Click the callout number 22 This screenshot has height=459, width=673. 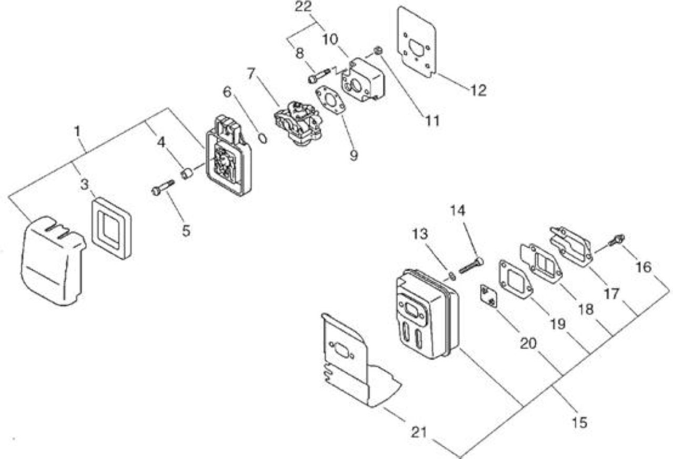[x=303, y=7]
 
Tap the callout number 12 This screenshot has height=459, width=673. [x=478, y=90]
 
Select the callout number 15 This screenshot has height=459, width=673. [x=579, y=423]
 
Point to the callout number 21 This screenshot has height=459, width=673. [x=419, y=433]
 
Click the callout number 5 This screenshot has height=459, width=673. [x=186, y=231]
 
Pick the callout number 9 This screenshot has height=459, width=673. [x=354, y=155]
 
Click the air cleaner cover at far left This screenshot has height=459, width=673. [x=53, y=260]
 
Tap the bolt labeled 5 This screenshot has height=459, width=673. [x=163, y=188]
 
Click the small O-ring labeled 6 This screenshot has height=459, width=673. [x=262, y=139]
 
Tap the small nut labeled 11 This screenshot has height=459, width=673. [x=378, y=51]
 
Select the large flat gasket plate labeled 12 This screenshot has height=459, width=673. [x=417, y=42]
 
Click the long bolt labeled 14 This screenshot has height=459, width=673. [x=471, y=266]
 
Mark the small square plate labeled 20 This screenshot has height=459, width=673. [x=488, y=296]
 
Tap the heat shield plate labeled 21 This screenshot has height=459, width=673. [x=361, y=361]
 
